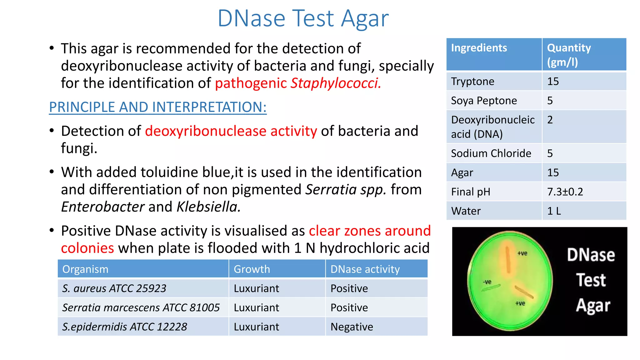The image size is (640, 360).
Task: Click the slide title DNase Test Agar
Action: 303,18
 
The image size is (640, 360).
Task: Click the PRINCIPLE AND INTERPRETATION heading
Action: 158,107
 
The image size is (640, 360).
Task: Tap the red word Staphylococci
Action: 336,83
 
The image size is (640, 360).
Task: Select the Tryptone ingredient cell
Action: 472,82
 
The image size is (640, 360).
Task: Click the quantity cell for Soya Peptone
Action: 550,101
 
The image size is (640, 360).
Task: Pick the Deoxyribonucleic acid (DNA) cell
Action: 492,127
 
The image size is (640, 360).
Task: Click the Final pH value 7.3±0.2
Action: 565,192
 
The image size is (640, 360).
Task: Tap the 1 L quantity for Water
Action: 554,211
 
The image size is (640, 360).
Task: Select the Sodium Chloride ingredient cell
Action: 491,153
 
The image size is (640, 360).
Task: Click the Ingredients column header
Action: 479,48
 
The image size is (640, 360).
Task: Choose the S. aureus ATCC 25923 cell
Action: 114,288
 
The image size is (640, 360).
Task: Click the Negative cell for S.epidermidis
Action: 352,327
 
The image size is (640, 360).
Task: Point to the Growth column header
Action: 252,269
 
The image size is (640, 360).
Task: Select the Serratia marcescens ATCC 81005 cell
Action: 141,308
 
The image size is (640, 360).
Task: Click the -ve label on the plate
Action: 487,282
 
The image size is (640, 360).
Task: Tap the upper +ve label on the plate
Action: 522,253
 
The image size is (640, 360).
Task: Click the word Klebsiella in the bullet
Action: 208,207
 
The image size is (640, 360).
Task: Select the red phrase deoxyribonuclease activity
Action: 231,131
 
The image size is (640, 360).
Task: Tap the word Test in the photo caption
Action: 591,280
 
